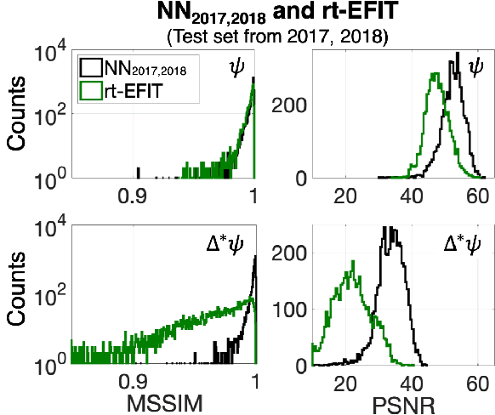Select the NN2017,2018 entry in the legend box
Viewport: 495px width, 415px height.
pos(137,66)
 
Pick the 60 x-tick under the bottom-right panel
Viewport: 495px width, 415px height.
pos(477,382)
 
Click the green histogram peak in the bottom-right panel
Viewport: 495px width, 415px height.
pos(351,274)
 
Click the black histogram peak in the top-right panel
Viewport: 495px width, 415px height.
pos(458,54)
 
